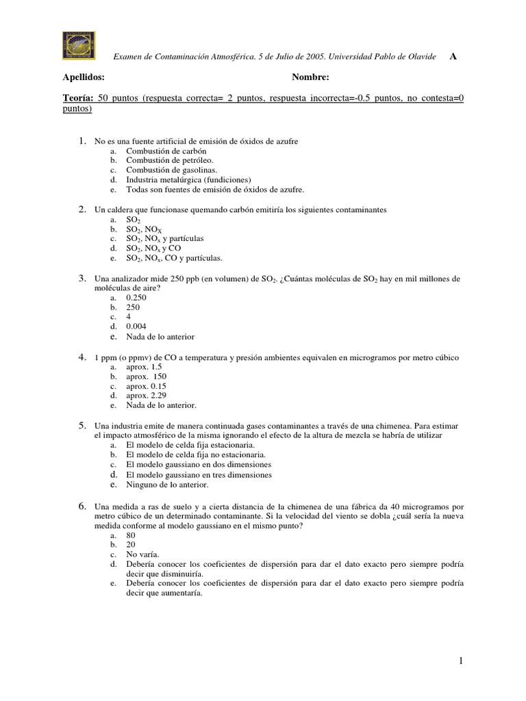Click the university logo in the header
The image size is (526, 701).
79,46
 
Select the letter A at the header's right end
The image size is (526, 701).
453,56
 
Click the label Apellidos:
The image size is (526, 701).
84,78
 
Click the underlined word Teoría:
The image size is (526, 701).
78,98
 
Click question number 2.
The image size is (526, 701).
81,209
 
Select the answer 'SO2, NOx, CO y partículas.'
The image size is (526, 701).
175,258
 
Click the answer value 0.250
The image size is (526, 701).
136,298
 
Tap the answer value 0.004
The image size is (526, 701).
136,327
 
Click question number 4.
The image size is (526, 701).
81,357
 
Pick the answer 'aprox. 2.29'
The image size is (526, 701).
146,396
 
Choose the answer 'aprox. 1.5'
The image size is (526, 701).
144,367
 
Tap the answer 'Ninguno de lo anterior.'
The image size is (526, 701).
167,485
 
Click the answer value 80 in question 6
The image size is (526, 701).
131,535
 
